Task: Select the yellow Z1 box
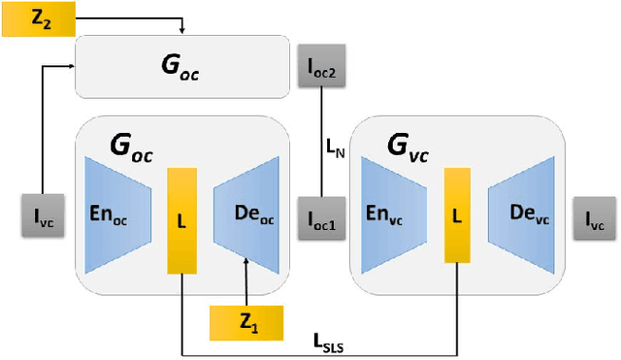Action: pyautogui.click(x=247, y=322)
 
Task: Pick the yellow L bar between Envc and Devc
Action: pyautogui.click(x=457, y=214)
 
